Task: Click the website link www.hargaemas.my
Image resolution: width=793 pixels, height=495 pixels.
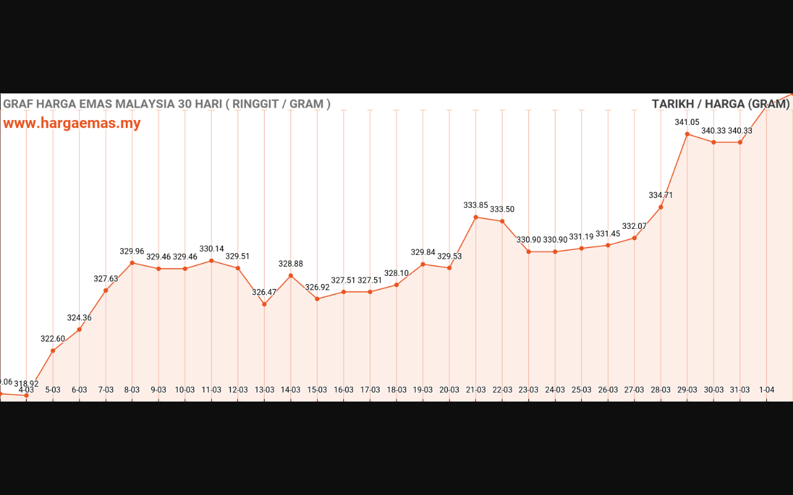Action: [x=72, y=123]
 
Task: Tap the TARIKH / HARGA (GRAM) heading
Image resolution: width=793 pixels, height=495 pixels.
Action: [x=721, y=104]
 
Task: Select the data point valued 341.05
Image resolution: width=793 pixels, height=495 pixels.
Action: [x=687, y=134]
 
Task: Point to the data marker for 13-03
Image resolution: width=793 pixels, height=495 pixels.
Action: [x=265, y=304]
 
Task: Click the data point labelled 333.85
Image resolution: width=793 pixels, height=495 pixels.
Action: [x=476, y=217]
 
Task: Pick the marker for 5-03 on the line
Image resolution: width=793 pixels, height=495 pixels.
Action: [x=53, y=351]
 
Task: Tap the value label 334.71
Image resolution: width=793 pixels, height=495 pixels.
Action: [x=660, y=196]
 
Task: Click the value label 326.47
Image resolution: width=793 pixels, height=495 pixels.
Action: [x=264, y=292]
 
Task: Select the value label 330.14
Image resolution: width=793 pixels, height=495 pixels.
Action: [x=211, y=249]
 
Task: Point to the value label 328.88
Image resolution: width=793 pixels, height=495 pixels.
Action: [x=291, y=264]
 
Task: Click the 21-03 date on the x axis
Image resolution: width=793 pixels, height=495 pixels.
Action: [x=476, y=390]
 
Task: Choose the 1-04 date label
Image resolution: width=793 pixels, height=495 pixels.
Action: [x=766, y=390]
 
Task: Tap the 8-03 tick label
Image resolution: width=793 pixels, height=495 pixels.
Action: [x=132, y=390]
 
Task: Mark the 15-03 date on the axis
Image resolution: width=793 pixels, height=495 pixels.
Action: [x=317, y=390]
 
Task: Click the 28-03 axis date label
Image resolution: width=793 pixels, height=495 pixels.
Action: [x=660, y=390]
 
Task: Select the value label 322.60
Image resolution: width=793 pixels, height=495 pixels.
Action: [x=53, y=339]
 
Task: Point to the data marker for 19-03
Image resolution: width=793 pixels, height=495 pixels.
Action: [x=423, y=264]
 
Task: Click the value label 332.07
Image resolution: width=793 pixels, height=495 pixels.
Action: [x=634, y=226]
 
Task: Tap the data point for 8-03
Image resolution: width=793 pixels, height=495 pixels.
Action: [x=132, y=263]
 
